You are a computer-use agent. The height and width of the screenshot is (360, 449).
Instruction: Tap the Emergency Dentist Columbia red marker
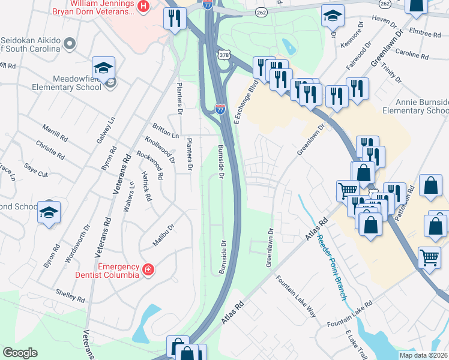click(x=148, y=271)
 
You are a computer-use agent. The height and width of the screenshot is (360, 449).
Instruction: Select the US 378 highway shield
click(x=223, y=55)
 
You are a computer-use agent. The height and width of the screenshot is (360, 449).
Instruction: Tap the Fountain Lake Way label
click(x=295, y=296)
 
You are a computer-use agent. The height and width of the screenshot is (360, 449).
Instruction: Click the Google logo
click(x=20, y=353)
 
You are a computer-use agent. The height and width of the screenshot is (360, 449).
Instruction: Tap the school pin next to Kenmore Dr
click(x=332, y=16)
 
